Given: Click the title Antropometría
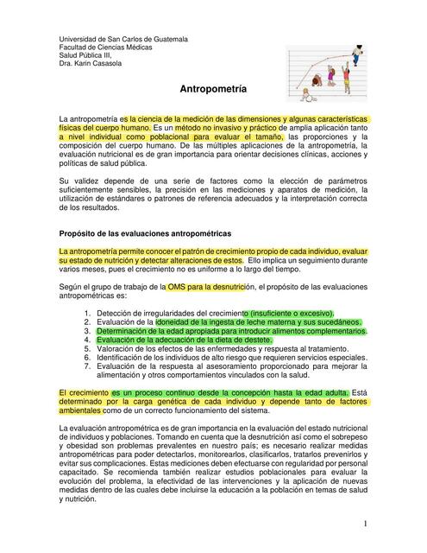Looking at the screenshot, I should click(213, 89).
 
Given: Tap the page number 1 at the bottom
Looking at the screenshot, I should click(366, 524).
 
